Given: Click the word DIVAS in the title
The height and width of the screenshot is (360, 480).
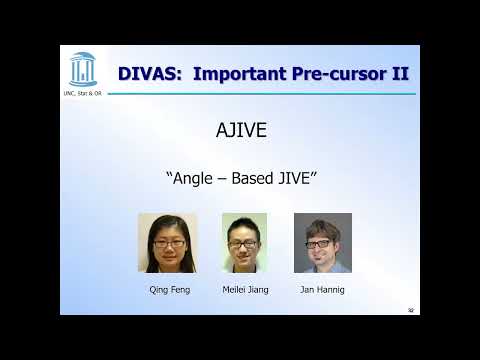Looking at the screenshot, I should (149, 73).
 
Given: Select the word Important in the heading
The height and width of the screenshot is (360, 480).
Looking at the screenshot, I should (241, 73).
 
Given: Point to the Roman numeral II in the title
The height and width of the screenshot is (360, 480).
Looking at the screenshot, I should (399, 73).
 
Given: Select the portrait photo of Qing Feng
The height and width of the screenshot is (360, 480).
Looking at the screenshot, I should (167, 243).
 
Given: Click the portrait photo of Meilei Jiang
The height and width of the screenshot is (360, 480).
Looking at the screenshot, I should (245, 243).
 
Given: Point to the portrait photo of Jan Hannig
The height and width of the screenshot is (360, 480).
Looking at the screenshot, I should (322, 243).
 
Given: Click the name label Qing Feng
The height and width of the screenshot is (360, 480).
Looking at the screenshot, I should (167, 289).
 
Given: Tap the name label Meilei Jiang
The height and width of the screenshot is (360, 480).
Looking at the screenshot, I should (245, 289).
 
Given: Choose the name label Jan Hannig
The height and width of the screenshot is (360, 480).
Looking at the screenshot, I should (322, 289).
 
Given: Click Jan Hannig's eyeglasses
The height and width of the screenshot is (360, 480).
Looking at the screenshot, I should (320, 243).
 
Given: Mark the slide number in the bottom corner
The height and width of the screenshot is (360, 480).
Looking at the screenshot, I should (411, 310).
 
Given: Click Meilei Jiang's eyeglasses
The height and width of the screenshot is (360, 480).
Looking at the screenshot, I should (244, 243).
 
